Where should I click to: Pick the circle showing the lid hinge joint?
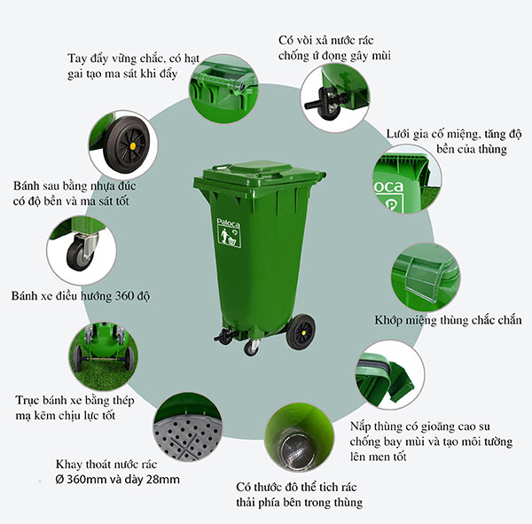[426, 276]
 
